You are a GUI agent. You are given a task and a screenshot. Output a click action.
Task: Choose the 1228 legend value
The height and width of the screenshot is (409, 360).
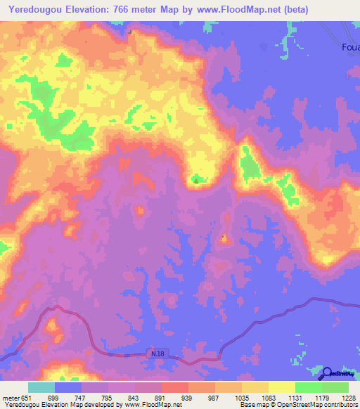[340, 398]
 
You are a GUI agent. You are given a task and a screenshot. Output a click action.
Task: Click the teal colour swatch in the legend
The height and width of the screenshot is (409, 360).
[41, 387]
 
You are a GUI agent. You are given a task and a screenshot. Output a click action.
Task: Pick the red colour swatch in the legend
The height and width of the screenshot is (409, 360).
[175, 387]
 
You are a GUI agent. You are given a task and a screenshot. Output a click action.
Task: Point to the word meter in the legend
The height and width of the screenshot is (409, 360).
[11, 398]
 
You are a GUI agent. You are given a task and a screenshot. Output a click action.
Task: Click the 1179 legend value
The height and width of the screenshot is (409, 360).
[312, 398]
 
